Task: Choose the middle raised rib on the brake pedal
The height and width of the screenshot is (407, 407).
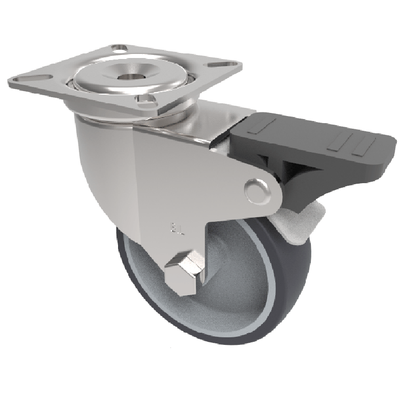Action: point(336,142)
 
